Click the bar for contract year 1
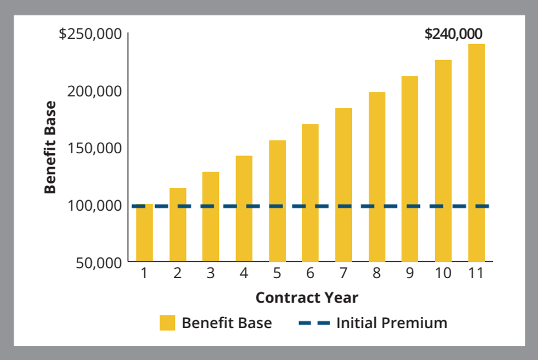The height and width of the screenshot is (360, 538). coord(145,234)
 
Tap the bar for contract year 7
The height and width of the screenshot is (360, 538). coord(344,184)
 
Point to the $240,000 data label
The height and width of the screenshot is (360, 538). coord(453,34)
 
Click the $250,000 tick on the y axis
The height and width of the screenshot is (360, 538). coord(90,34)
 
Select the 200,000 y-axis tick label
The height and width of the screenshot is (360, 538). coord(94,91)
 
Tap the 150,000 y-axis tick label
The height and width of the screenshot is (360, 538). coord(94,148)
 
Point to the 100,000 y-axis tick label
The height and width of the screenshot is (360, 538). coord(94,205)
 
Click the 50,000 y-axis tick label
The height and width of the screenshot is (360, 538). coord(99,262)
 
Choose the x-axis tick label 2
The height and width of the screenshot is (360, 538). coord(178,274)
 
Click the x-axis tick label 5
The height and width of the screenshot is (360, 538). coord(277,274)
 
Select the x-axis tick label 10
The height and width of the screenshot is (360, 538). coord(443,274)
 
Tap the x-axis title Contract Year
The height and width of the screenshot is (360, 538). coord(307,298)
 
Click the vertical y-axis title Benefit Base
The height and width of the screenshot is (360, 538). coord(51,148)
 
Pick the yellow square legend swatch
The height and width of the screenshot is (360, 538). coord(167,323)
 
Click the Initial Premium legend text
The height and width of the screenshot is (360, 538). coord(392,323)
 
